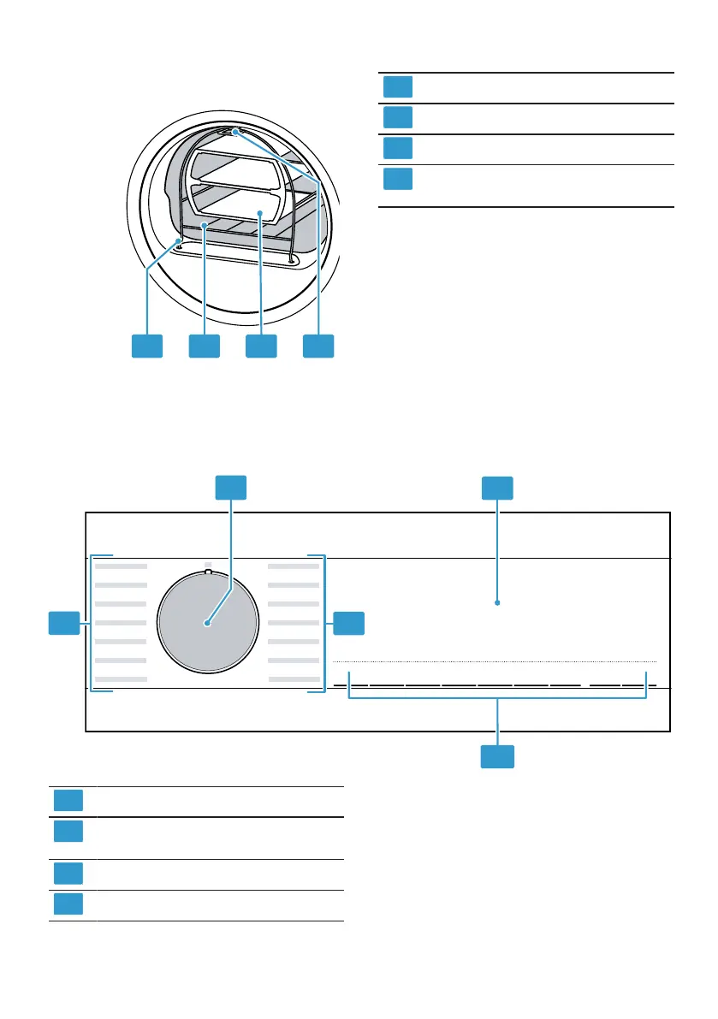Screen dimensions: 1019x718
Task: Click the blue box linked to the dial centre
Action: [x=230, y=488]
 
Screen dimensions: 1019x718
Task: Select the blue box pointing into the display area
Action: [x=497, y=488]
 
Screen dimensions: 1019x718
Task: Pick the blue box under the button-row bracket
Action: [x=497, y=756]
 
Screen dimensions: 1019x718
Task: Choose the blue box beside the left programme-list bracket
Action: [x=63, y=624]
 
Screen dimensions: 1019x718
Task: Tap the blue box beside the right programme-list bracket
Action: [x=348, y=624]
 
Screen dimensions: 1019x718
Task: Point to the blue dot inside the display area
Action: [x=497, y=603]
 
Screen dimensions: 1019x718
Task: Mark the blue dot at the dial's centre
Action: [x=206, y=624]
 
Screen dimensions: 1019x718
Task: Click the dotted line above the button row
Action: [x=494, y=662]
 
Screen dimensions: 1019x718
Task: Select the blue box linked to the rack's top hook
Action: [x=318, y=346]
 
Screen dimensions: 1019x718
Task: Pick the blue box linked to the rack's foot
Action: [x=146, y=346]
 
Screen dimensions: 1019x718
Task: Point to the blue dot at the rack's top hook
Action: [x=235, y=132]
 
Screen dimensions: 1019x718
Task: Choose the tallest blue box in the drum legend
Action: [x=398, y=180]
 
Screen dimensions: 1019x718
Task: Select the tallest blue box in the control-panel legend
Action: [x=68, y=832]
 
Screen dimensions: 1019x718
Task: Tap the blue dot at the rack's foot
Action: [x=178, y=242]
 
